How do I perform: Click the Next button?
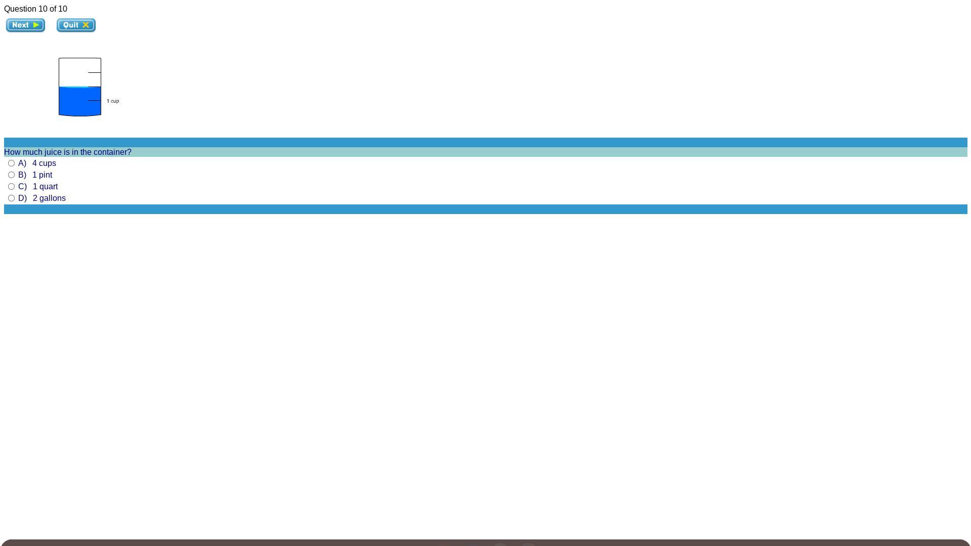pyautogui.click(x=25, y=25)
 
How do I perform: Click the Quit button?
pyautogui.click(x=76, y=25)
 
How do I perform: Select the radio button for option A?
pyautogui.click(x=11, y=163)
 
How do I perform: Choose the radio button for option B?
pyautogui.click(x=11, y=175)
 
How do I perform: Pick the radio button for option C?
pyautogui.click(x=11, y=186)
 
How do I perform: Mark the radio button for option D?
pyautogui.click(x=11, y=198)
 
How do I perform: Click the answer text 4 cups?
pyautogui.click(x=44, y=163)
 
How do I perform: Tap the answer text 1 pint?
pyautogui.click(x=42, y=175)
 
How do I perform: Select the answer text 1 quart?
pyautogui.click(x=45, y=186)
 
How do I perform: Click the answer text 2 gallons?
pyautogui.click(x=49, y=198)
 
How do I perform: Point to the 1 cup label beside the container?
pyautogui.click(x=113, y=101)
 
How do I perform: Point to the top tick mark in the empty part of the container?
pyautogui.click(x=94, y=72)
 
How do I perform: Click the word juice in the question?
pyautogui.click(x=53, y=152)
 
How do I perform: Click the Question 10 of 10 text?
pyautogui.click(x=35, y=9)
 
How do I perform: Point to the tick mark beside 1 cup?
pyautogui.click(x=94, y=100)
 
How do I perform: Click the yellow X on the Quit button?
pyautogui.click(x=86, y=25)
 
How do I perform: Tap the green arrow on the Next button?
pyautogui.click(x=36, y=25)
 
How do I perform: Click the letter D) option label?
pyautogui.click(x=22, y=198)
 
